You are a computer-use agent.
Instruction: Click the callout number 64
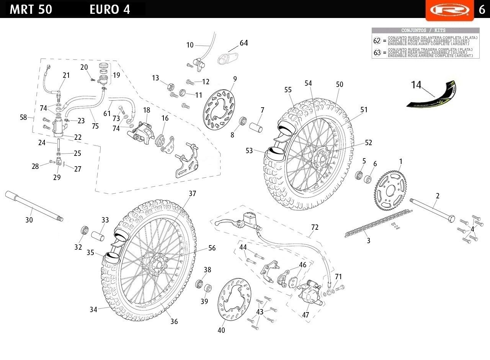tap(243, 43)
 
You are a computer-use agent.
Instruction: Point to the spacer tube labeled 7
tap(256, 126)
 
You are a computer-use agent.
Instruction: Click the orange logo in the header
tap(447, 9)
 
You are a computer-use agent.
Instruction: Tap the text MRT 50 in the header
tap(31, 9)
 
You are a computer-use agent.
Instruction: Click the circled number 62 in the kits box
tap(377, 40)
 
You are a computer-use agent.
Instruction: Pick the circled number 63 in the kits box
tap(377, 53)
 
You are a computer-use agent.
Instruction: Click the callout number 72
tap(314, 227)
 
